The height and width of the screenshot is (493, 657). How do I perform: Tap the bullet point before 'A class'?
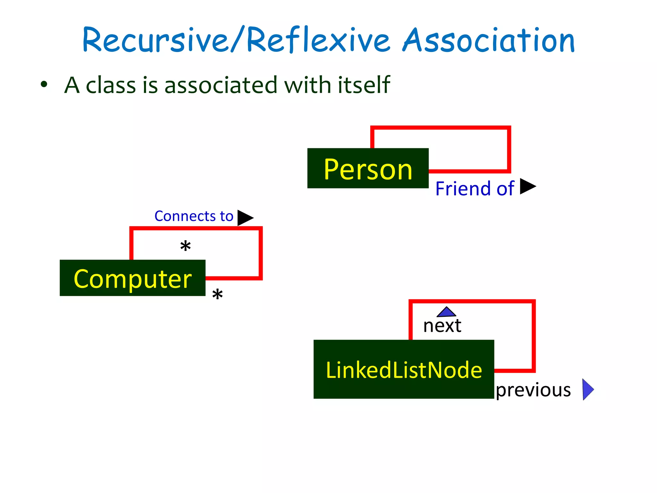44,85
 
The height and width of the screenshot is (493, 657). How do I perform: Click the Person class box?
368,168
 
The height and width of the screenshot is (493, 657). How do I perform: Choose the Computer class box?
132,278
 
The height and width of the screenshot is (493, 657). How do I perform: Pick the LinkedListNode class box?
404,369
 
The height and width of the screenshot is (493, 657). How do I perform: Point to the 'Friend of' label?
474,188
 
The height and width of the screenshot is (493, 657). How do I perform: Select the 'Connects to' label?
194,216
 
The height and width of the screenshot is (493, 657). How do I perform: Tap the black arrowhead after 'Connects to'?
244,218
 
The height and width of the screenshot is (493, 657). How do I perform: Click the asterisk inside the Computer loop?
185,246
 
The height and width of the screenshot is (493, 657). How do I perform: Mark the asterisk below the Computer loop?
218,294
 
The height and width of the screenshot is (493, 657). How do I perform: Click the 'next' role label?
442,326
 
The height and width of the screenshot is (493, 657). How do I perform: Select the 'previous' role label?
533,390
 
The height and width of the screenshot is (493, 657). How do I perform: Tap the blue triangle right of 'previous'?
587,390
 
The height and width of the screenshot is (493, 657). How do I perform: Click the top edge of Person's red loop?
440,128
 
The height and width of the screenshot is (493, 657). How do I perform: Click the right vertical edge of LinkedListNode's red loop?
533,335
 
